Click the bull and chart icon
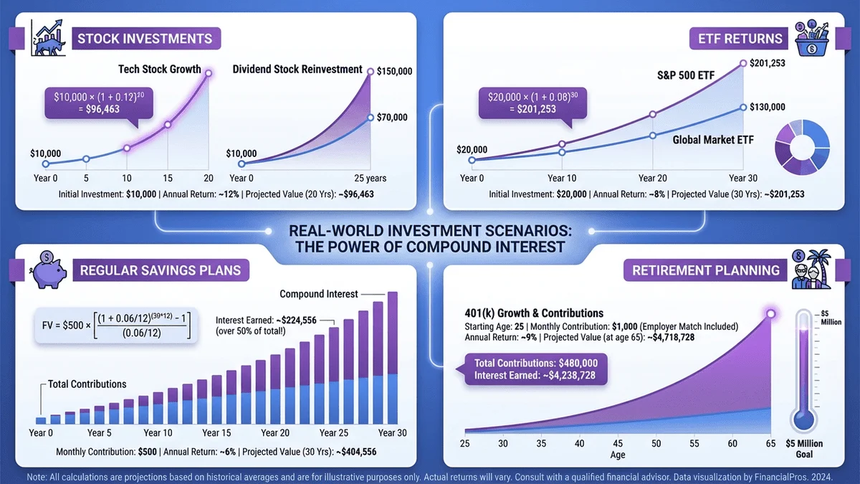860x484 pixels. (x=49, y=39)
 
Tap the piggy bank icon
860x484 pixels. (x=49, y=270)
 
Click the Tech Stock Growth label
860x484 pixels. (x=159, y=70)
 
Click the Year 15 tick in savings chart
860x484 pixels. (x=216, y=433)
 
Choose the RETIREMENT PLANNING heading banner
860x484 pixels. (x=705, y=270)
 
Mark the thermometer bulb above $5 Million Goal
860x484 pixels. (x=807, y=419)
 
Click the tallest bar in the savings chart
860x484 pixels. (x=392, y=358)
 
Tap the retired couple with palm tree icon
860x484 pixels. (x=811, y=270)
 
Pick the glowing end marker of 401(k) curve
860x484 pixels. (x=771, y=313)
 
